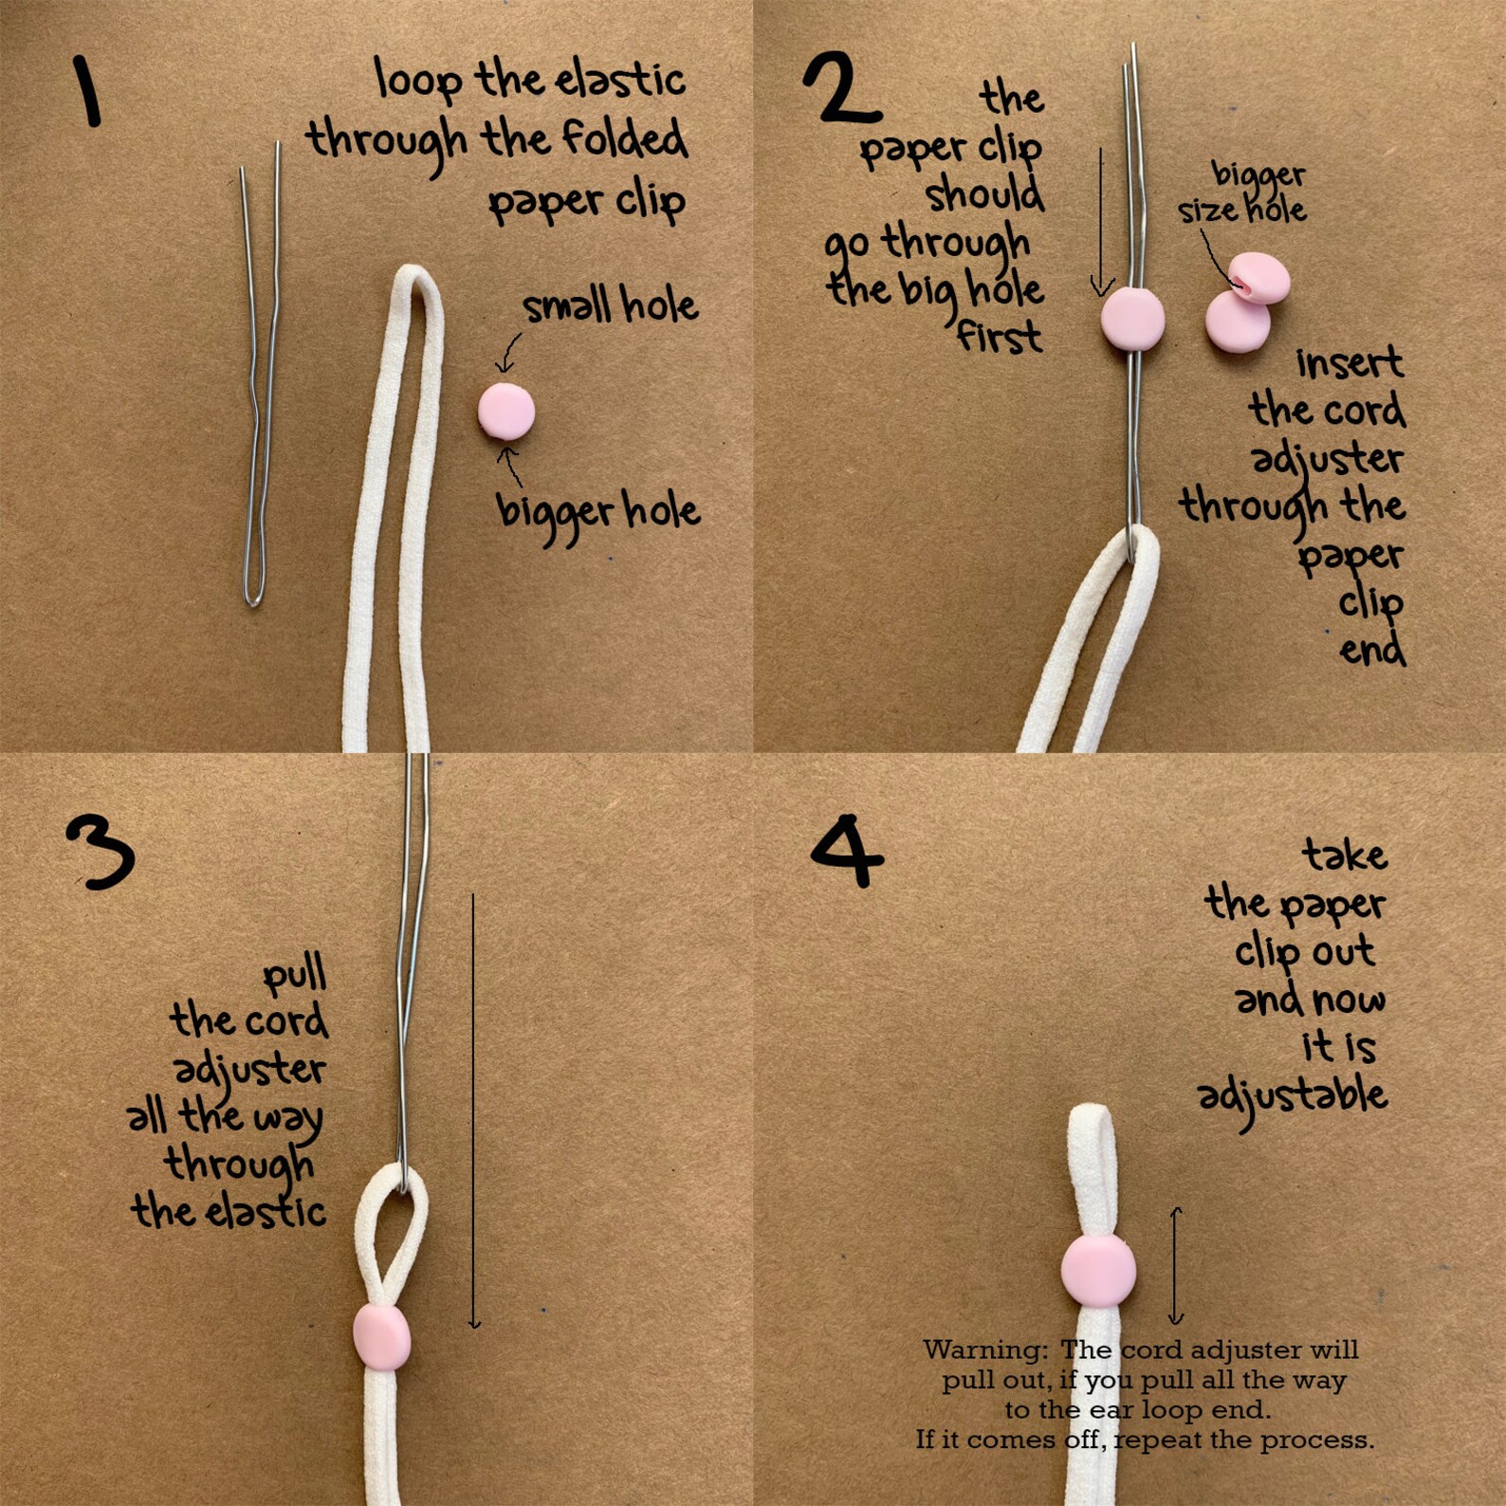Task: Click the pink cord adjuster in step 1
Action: pyautogui.click(x=506, y=411)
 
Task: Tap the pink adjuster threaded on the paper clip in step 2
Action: pyautogui.click(x=1132, y=319)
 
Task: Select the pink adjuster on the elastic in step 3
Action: pyautogui.click(x=381, y=1336)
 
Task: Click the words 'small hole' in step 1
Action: pyautogui.click(x=610, y=305)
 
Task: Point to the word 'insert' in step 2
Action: pyautogui.click(x=1349, y=362)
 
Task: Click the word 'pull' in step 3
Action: pyautogui.click(x=294, y=976)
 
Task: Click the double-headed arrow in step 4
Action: pyautogui.click(x=1176, y=1265)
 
